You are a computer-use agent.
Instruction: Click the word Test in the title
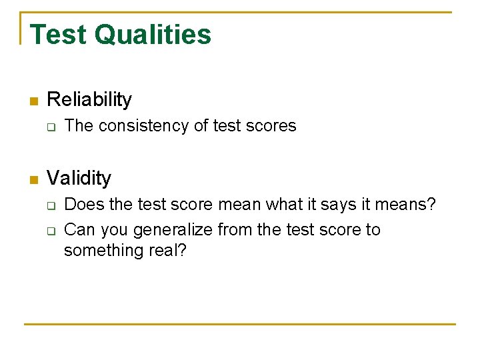click(58, 35)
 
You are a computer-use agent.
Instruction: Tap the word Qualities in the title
click(153, 35)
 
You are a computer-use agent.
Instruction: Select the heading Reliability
click(89, 100)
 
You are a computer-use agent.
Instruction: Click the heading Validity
click(79, 179)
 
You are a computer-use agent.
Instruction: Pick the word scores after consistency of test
click(271, 126)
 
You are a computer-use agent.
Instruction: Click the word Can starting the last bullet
click(79, 230)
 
